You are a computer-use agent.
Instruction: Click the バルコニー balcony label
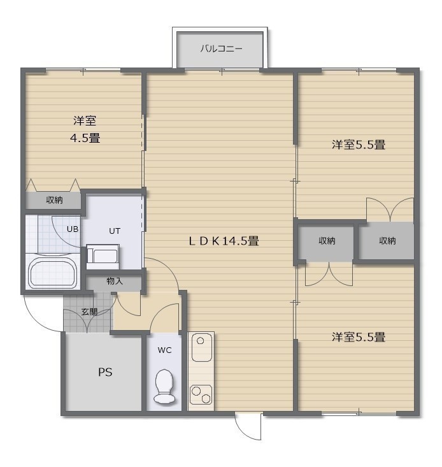pyautogui.click(x=221, y=48)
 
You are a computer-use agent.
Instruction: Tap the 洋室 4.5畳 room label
pyautogui.click(x=85, y=129)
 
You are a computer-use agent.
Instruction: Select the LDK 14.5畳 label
pyautogui.click(x=224, y=241)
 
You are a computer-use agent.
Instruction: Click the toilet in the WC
pyautogui.click(x=164, y=386)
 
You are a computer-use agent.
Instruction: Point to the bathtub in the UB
pyautogui.click(x=52, y=273)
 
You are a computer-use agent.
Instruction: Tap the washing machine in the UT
pyautogui.click(x=103, y=257)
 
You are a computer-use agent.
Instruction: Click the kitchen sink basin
pyautogui.click(x=201, y=347)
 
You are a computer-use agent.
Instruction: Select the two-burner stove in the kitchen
pyautogui.click(x=201, y=394)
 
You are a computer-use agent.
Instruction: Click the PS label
pyautogui.click(x=105, y=372)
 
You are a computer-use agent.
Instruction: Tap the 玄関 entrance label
pyautogui.click(x=89, y=312)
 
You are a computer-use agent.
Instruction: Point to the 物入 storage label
pyautogui.click(x=115, y=281)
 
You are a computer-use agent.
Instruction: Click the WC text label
pyautogui.click(x=164, y=350)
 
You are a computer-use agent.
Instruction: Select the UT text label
pyautogui.click(x=115, y=231)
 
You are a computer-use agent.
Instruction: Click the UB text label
pyautogui.click(x=73, y=229)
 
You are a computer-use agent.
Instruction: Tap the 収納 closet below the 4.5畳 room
pyautogui.click(x=53, y=201)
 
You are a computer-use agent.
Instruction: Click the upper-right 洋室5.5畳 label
pyautogui.click(x=359, y=145)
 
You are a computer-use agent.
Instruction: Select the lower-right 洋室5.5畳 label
pyautogui.click(x=359, y=337)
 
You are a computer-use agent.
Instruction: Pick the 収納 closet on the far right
pyautogui.click(x=386, y=241)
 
